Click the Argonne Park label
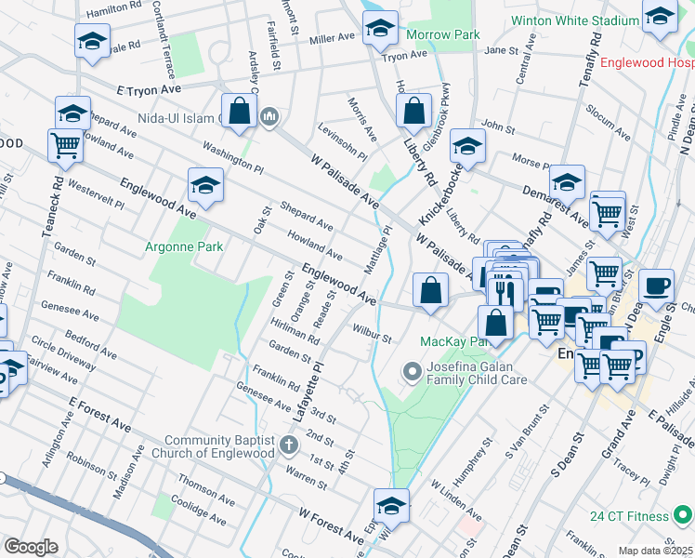pyautogui.click(x=184, y=247)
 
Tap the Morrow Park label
pyautogui.click(x=443, y=34)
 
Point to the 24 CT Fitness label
pyautogui.click(x=629, y=516)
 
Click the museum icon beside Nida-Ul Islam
pyautogui.click(x=270, y=116)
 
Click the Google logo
pyautogui.click(x=30, y=546)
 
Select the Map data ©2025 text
pyautogui.click(x=655, y=551)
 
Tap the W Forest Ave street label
pyautogui.click(x=331, y=525)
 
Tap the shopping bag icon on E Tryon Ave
pyautogui.click(x=240, y=110)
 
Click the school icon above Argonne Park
pyautogui.click(x=205, y=184)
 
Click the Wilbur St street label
pyautogui.click(x=372, y=333)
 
